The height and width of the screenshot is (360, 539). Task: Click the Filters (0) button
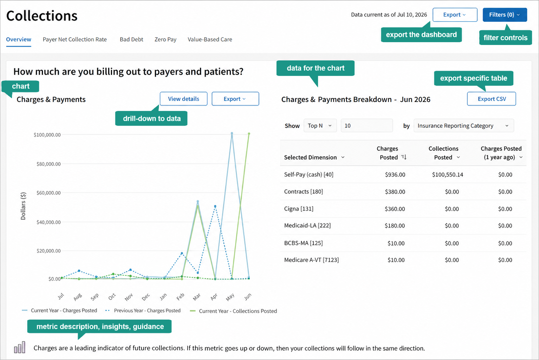(505, 15)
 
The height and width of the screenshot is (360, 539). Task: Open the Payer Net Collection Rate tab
(74, 39)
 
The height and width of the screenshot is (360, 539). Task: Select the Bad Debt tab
(131, 39)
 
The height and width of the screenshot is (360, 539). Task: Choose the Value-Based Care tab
(210, 39)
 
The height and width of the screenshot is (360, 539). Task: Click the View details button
(183, 99)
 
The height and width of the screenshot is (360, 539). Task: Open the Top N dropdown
(320, 125)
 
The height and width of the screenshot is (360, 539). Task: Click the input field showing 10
(367, 125)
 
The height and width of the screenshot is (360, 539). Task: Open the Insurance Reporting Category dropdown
(464, 125)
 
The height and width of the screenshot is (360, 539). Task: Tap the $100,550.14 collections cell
(448, 175)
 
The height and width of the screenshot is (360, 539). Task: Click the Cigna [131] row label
(299, 209)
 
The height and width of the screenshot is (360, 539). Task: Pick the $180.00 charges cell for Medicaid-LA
(395, 225)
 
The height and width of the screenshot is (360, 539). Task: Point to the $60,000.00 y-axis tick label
(48, 193)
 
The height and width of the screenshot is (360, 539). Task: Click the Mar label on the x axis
(196, 297)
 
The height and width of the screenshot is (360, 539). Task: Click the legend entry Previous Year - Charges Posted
(143, 310)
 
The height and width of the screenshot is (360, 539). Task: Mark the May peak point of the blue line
(232, 133)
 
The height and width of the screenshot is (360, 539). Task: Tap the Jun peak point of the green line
(249, 134)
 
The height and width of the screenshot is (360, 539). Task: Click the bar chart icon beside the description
(20, 347)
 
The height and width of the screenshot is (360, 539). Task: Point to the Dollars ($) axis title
(23, 206)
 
